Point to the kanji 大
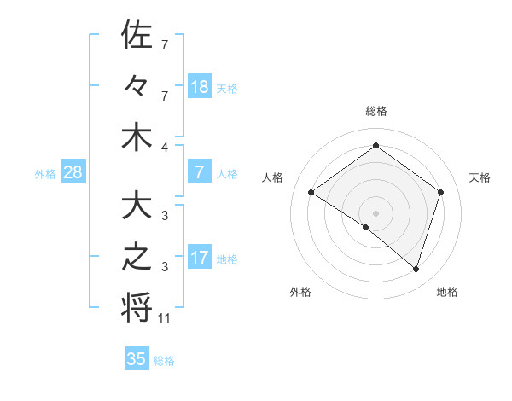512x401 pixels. (x=137, y=206)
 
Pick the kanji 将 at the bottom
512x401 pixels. (x=137, y=307)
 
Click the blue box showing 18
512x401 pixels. (x=200, y=87)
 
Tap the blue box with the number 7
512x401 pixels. (x=200, y=172)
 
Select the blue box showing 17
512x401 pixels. (x=200, y=258)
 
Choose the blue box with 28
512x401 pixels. (x=73, y=172)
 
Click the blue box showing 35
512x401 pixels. (x=137, y=359)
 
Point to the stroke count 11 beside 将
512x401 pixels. (x=166, y=319)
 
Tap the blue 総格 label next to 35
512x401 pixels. (x=164, y=361)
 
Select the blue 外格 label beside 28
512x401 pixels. (x=45, y=174)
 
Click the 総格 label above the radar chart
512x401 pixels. (x=376, y=111)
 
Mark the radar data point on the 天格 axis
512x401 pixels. (x=441, y=192)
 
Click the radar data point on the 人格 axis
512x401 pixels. (x=311, y=192)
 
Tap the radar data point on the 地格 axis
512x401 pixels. (x=416, y=270)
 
